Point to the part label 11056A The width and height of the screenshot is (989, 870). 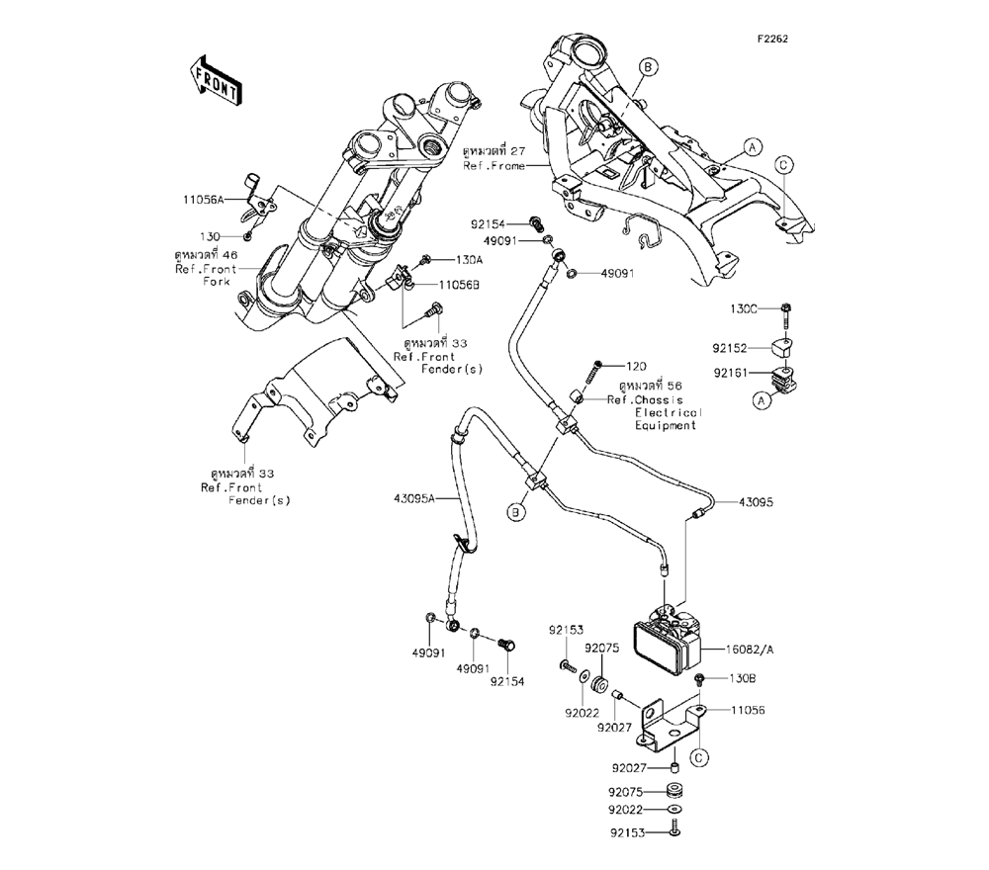[204, 200]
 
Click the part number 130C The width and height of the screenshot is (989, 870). [743, 309]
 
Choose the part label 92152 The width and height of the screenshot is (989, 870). [745, 348]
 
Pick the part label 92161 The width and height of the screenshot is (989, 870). [745, 373]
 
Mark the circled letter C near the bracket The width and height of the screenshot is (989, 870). [698, 758]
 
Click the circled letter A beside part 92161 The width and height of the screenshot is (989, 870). [762, 400]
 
